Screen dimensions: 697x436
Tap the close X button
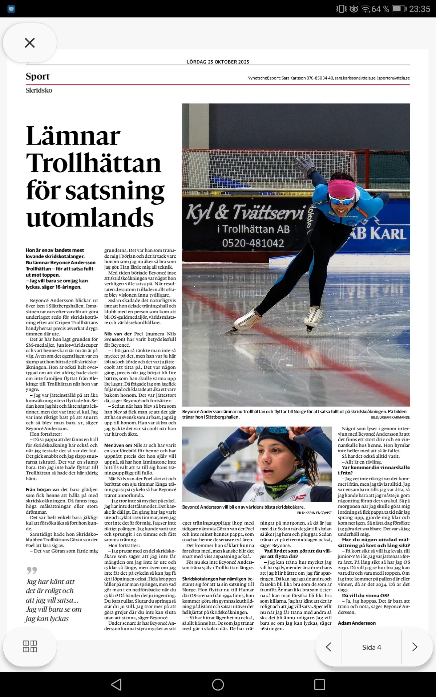[x=30, y=43]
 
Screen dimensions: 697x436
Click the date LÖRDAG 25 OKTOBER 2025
[x=218, y=62]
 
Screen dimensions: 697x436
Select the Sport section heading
[x=38, y=76]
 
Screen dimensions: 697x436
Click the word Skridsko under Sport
[x=39, y=90]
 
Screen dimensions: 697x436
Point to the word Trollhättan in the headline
[x=93, y=163]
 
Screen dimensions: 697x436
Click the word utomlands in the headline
[x=90, y=217]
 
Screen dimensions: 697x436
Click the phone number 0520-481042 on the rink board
[x=253, y=243]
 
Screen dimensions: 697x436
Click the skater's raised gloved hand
[x=306, y=166]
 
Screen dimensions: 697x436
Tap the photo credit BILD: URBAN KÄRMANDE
[x=390, y=417]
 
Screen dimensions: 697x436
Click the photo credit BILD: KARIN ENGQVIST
[x=314, y=513]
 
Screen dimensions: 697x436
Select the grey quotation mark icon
[x=32, y=570]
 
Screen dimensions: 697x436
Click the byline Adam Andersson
[x=357, y=623]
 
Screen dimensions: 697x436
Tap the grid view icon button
[x=30, y=647]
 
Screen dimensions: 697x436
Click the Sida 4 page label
[x=371, y=647]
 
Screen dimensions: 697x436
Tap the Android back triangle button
[x=116, y=685]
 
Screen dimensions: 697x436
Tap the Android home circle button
[x=218, y=685]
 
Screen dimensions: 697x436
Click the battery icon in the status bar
[x=399, y=9]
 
